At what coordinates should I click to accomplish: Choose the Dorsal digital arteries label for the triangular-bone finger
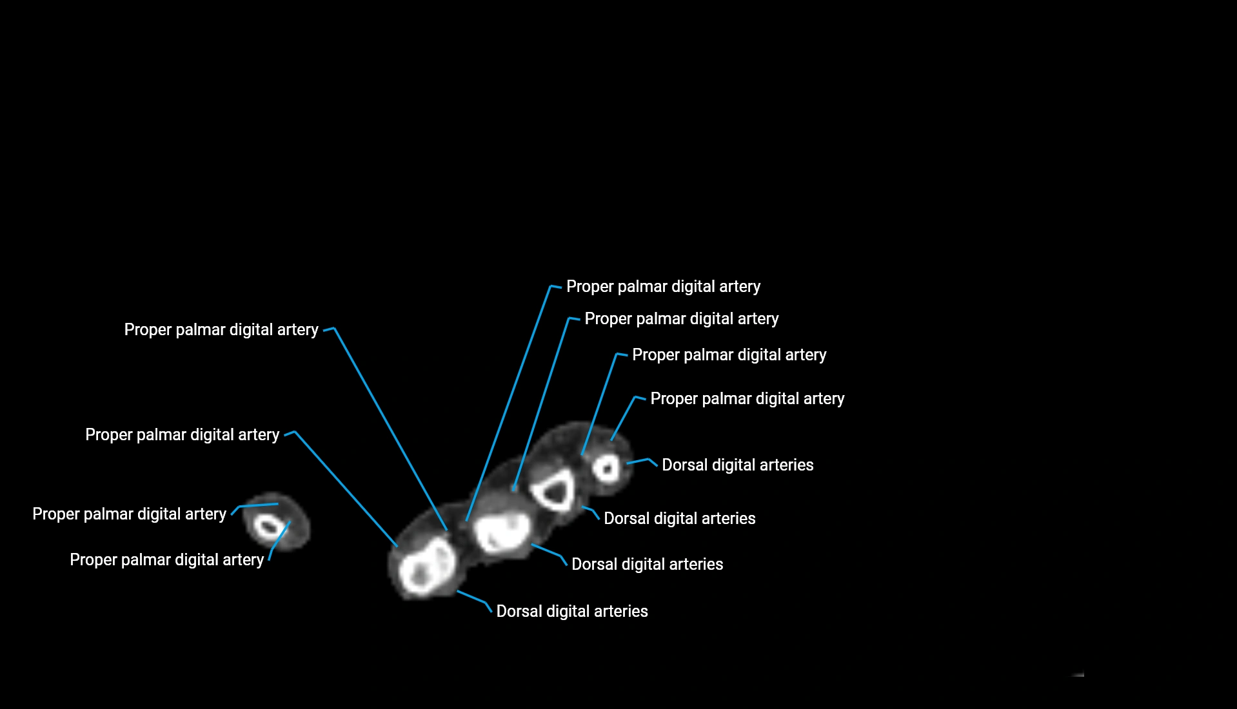(679, 518)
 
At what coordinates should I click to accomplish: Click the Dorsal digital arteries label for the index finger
(571, 611)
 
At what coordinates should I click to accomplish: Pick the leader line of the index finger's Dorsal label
(471, 597)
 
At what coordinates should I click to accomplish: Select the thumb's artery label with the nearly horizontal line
(129, 514)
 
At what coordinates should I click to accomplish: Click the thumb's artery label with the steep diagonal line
(166, 559)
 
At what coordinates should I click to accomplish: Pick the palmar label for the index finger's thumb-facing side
(182, 434)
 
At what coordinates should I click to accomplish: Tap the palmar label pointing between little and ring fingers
(729, 354)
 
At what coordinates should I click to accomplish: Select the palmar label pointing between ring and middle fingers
(681, 318)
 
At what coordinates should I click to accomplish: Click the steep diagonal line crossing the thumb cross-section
(279, 536)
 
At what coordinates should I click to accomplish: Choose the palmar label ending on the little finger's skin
(747, 398)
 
